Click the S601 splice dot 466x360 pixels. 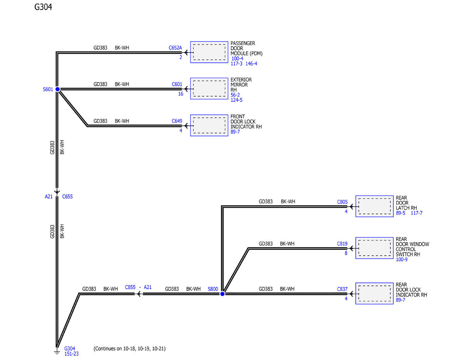point(57,89)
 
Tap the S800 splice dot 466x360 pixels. point(223,294)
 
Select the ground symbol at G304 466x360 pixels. point(57,352)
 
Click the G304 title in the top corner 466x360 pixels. point(43,7)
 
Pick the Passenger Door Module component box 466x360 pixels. point(209,52)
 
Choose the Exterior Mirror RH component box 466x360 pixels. point(209,89)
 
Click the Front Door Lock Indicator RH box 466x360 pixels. point(209,125)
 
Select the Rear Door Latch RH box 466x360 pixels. point(374,206)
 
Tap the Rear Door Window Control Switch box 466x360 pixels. point(374,248)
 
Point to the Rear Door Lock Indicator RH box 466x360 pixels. point(374,294)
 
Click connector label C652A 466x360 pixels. point(175,48)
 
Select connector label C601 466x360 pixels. point(177,84)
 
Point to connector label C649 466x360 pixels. point(177,121)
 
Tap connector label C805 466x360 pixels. point(342,202)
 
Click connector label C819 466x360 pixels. point(342,244)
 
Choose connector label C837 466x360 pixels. point(342,289)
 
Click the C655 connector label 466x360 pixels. point(67,197)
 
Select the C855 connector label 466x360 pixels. point(130,287)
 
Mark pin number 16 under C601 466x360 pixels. point(181,94)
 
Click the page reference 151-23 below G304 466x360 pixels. point(71,354)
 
